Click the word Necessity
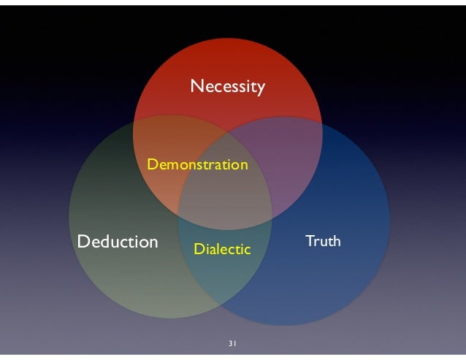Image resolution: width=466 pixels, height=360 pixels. (227, 88)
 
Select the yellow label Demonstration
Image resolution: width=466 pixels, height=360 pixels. (197, 165)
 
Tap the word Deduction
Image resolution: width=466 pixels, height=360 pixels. (118, 241)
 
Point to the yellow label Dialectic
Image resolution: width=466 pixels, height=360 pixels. (222, 250)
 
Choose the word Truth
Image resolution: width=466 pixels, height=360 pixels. (322, 240)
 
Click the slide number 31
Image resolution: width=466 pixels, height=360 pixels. (233, 343)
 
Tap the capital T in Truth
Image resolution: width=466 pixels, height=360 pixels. (308, 240)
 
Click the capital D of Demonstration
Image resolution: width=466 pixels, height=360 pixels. (152, 165)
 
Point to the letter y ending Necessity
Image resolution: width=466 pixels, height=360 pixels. (260, 90)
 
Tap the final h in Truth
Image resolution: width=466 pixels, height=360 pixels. (336, 240)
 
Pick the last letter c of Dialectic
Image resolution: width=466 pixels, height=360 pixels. (247, 250)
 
